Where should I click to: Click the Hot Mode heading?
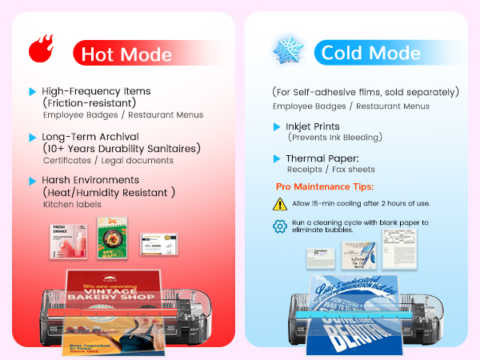point(126,54)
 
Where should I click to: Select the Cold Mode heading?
point(369,54)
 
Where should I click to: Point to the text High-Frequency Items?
point(97,91)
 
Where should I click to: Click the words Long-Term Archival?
point(87,136)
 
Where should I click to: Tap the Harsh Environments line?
point(90,180)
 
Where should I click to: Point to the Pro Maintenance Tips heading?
point(324,186)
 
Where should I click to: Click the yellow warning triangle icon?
point(280,204)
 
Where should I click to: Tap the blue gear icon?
point(280,226)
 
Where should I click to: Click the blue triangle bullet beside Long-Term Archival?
point(32,136)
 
